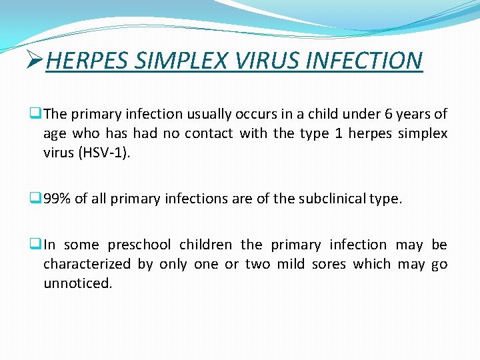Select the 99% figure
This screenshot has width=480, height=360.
(x=57, y=198)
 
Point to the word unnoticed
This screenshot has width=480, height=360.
(x=77, y=283)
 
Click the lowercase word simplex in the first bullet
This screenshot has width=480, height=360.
(x=423, y=133)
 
